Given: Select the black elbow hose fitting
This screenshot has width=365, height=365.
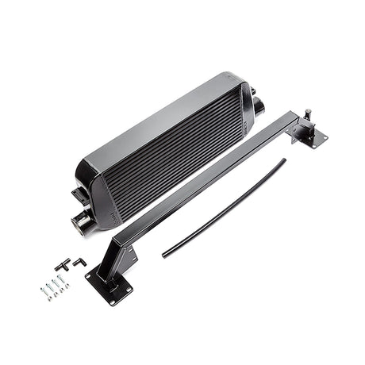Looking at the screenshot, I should tap(79, 261).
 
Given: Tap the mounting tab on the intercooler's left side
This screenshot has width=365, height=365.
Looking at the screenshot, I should tap(79, 194).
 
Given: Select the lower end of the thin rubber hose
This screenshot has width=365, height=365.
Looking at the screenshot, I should tap(164, 255).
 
